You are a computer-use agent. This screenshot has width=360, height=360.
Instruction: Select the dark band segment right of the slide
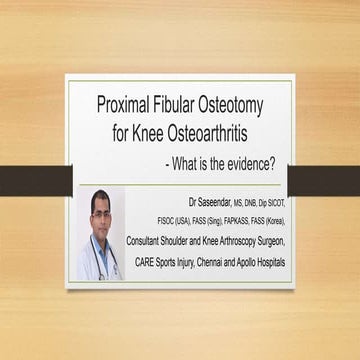(325, 180)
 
